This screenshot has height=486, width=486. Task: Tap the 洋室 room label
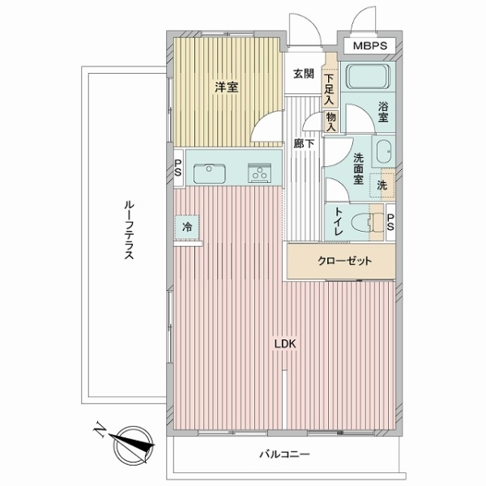[226, 87]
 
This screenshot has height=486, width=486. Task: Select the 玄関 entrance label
[303, 75]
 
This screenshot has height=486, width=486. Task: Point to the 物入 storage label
[330, 121]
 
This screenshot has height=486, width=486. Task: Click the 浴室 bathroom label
[384, 111]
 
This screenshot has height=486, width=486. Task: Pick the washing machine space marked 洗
[382, 185]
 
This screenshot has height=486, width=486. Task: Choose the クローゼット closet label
[344, 262]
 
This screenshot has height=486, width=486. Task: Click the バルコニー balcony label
[284, 455]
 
